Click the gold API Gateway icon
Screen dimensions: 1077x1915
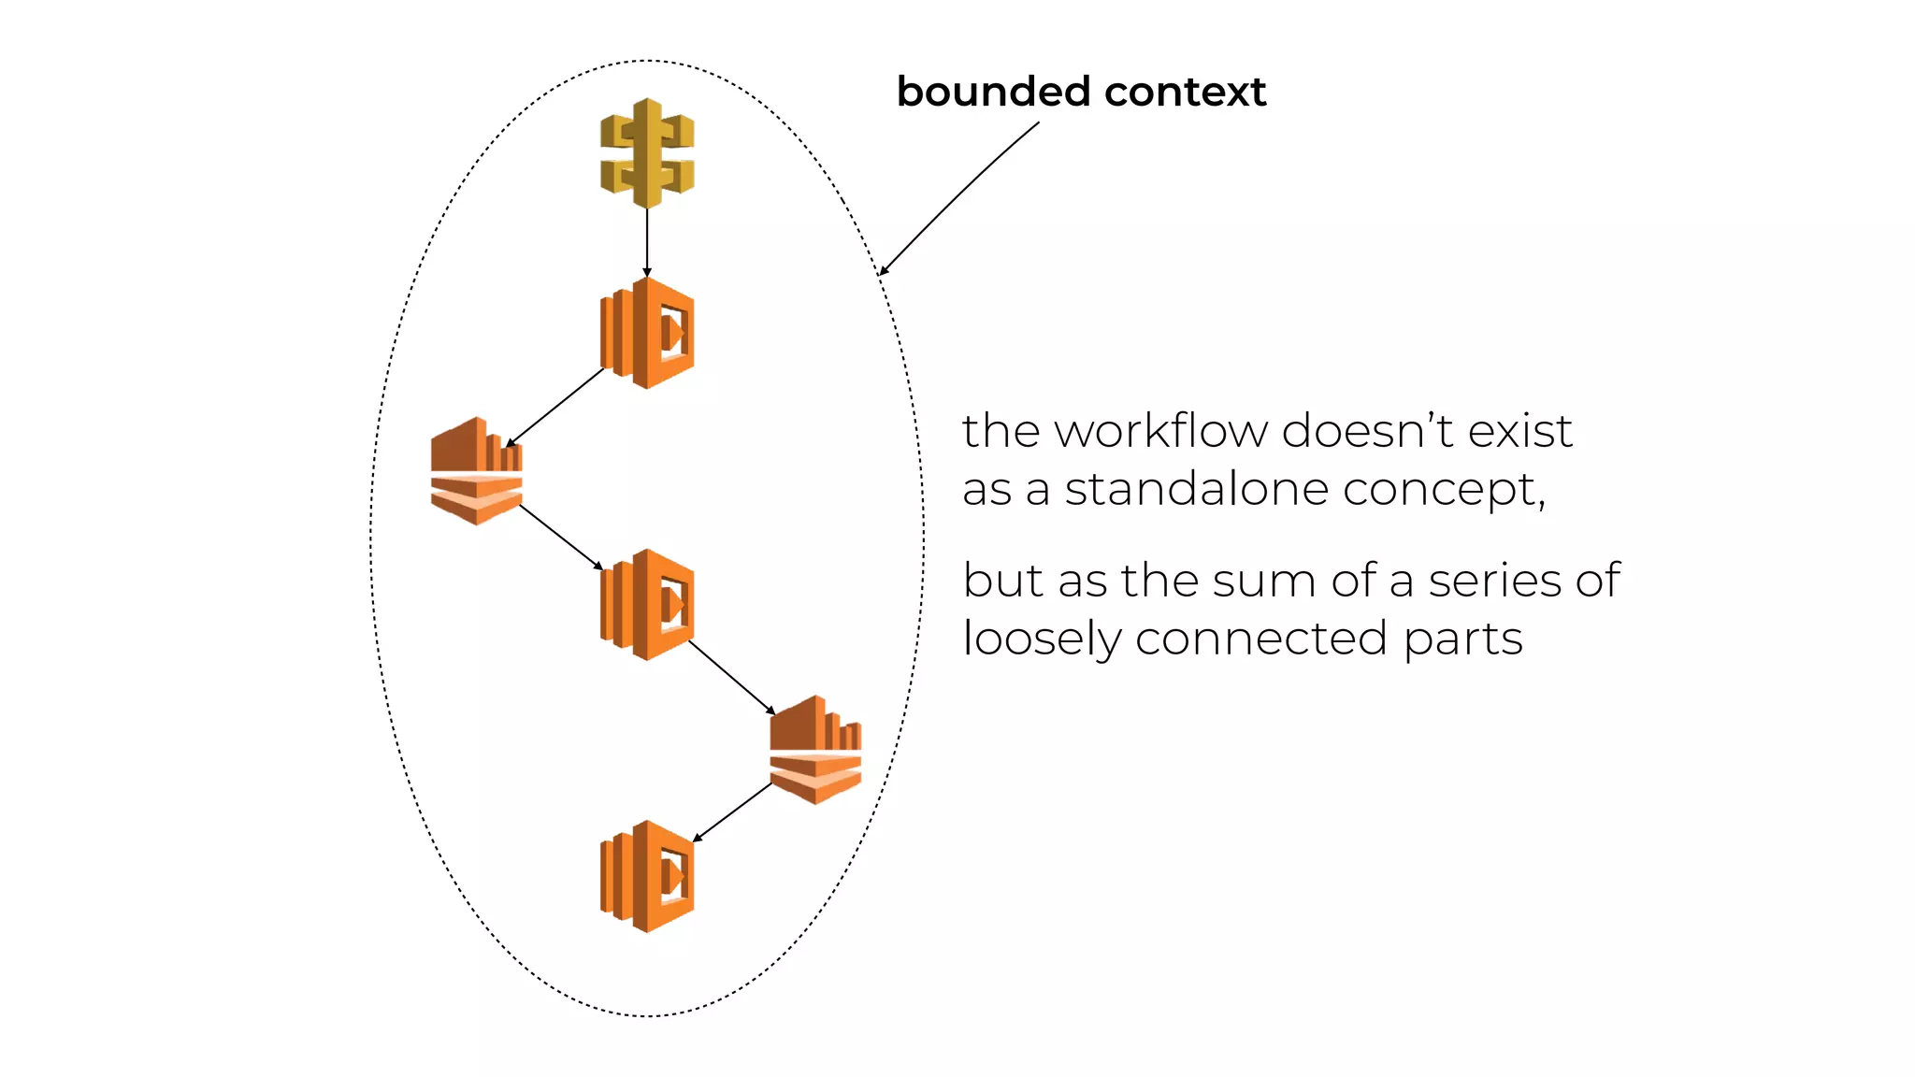[x=647, y=152]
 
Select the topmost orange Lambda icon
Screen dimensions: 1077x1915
[x=647, y=333]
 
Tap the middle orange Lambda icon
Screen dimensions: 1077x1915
[x=647, y=605]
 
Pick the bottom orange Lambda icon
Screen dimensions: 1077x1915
[x=647, y=877]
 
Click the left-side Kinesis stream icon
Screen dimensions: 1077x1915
[x=476, y=471]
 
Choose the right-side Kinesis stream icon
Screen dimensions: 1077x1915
[x=815, y=750]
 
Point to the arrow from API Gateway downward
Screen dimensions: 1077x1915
[x=647, y=241]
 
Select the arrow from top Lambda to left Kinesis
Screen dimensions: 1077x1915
[x=555, y=408]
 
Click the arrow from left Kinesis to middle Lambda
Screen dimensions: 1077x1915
[x=561, y=538]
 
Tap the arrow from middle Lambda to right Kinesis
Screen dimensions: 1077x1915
[x=732, y=678]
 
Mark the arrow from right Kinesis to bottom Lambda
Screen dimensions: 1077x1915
[x=732, y=812]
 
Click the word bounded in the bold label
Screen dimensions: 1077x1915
[x=994, y=92]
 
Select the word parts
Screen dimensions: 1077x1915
[x=1462, y=639]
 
